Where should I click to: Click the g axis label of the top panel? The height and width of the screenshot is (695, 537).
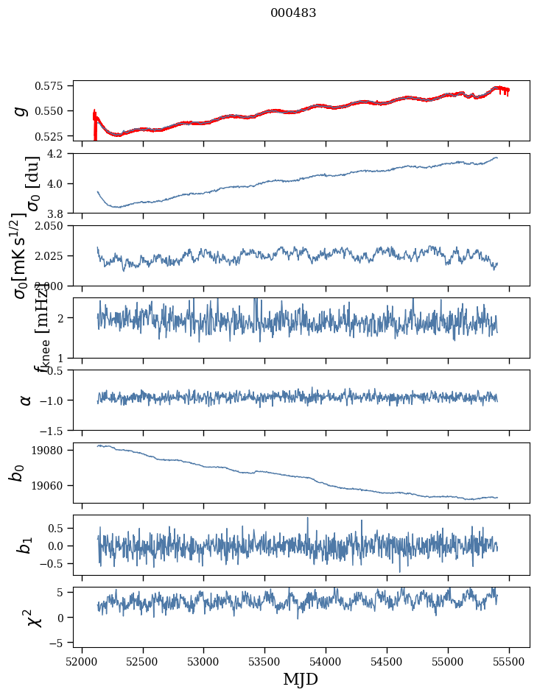(x=21, y=111)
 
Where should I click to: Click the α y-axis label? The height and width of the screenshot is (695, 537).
(x=25, y=400)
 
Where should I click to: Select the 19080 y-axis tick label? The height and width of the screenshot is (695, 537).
(x=55, y=451)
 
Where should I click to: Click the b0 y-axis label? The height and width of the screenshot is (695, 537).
(x=18, y=473)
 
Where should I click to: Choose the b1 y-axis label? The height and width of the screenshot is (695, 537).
(x=25, y=545)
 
